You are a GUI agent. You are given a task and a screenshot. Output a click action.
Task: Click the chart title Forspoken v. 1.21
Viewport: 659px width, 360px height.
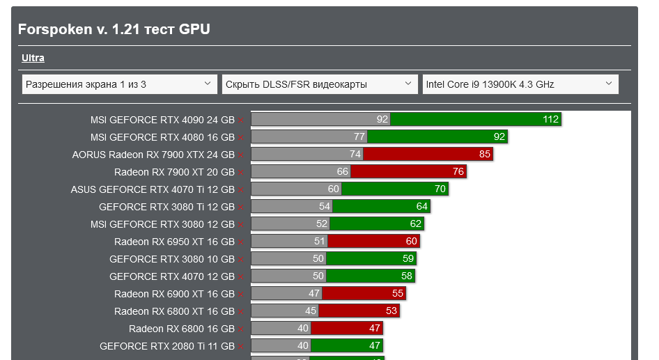click(114, 29)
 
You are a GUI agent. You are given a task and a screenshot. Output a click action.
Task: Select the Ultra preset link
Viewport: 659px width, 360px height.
click(33, 58)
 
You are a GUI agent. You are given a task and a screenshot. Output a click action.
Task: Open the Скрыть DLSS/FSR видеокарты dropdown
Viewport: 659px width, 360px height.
click(320, 84)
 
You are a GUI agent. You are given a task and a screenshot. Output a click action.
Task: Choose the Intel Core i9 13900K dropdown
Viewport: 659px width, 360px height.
click(520, 84)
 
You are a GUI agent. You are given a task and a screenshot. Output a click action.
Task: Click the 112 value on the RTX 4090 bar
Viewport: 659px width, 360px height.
click(550, 120)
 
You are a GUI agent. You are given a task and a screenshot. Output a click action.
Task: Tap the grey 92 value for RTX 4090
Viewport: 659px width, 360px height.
click(382, 120)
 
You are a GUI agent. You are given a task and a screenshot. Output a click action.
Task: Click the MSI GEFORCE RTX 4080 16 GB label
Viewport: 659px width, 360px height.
click(162, 137)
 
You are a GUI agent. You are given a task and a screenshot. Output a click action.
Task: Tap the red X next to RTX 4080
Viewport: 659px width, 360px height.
click(241, 138)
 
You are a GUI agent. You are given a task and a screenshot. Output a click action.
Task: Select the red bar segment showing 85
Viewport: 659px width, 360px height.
click(428, 154)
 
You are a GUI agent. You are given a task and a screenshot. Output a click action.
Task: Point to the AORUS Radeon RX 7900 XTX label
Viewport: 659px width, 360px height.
click(153, 155)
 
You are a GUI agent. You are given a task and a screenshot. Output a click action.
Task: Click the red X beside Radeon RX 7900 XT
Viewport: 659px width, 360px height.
click(241, 173)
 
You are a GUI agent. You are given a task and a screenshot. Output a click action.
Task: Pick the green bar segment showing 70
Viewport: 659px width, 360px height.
click(394, 189)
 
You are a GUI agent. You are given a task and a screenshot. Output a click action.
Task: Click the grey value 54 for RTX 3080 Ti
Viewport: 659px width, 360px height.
click(324, 207)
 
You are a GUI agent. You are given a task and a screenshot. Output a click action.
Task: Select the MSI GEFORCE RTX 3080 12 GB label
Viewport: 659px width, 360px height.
click(162, 224)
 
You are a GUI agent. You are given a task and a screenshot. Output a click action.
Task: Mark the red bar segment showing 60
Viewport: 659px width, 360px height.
click(373, 242)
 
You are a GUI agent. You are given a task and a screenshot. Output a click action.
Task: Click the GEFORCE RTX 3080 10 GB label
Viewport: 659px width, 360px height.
click(172, 259)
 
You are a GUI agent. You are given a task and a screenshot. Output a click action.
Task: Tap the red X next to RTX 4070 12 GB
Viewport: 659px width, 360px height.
click(241, 277)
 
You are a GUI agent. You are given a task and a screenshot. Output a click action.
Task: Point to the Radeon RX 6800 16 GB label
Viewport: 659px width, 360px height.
click(182, 329)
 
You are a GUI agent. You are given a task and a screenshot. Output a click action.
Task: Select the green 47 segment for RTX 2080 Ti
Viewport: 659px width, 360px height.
click(346, 345)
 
